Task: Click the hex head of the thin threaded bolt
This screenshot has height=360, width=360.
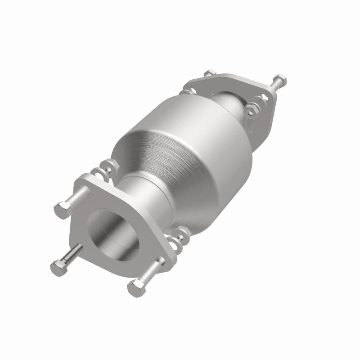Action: [x=57, y=268]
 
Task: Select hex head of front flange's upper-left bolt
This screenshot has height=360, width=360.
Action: [x=62, y=209]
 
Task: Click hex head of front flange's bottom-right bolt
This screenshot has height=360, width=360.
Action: [x=135, y=287]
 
